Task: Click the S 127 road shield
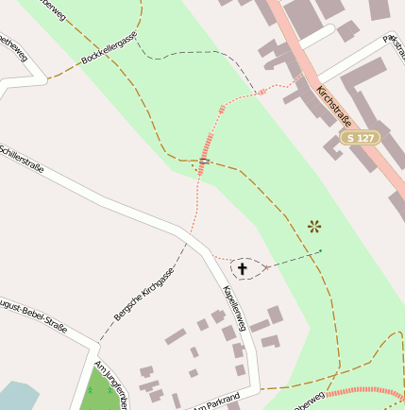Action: click(361, 138)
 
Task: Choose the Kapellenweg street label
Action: click(233, 307)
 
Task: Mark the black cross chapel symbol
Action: click(242, 269)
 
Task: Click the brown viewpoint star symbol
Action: click(314, 226)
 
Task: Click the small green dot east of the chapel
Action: click(321, 250)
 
